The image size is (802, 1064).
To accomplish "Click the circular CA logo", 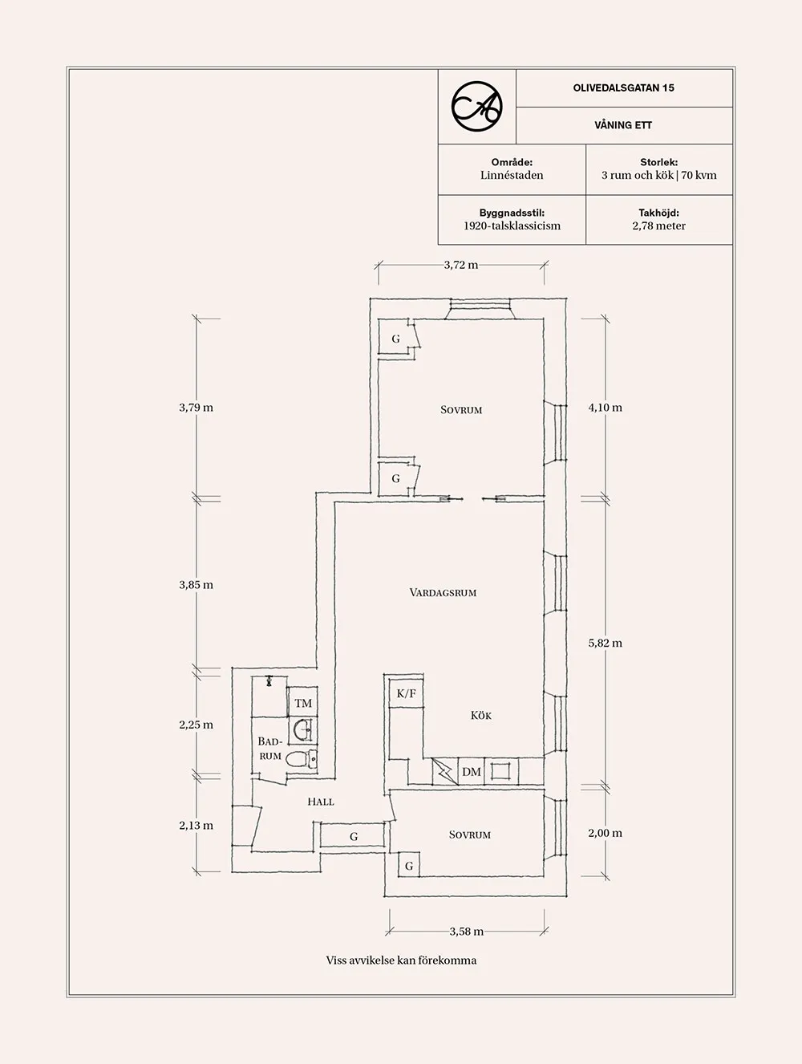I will point(476,106).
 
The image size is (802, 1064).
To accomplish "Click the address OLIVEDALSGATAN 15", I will point(623,88).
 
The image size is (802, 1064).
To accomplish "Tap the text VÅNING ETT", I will point(623,125).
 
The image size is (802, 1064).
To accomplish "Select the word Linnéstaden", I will point(512,175).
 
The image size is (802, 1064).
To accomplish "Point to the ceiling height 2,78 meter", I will point(658,225).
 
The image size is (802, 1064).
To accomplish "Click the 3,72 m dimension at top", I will point(461,265).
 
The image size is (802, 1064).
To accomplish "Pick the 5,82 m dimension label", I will point(605,643).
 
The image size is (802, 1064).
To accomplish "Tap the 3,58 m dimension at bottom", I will point(466,932).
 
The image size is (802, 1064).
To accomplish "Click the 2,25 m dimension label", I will point(196,725).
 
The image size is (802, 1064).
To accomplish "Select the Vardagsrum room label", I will point(443,593).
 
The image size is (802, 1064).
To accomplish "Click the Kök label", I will point(481,715).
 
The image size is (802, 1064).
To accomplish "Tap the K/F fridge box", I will point(407,693).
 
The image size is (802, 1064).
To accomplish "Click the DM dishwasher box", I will point(472,772).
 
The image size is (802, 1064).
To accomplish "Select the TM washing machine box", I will point(302,704).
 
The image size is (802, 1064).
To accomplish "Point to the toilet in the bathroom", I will point(298,759).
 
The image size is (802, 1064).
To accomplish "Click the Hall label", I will point(320,802).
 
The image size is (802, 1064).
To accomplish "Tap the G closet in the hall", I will point(353,836).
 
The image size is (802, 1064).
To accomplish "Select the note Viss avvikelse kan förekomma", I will point(401,960).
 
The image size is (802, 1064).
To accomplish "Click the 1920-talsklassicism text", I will point(512,225).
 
